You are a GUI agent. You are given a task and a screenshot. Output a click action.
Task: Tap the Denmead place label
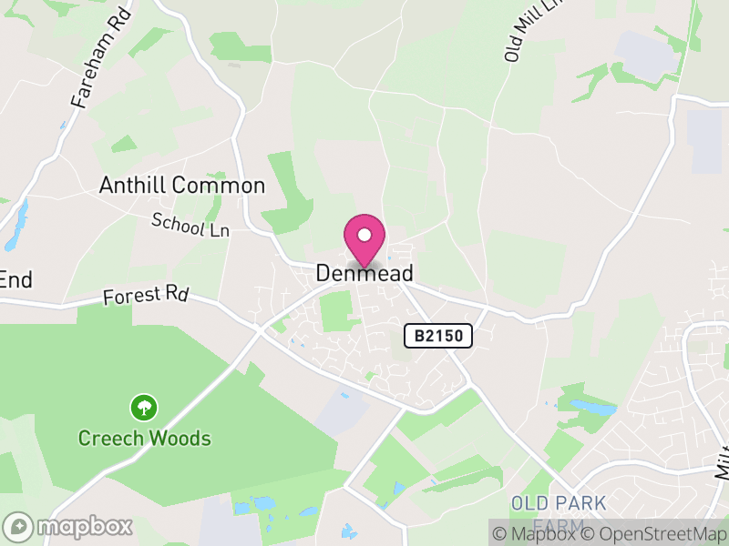[364, 273]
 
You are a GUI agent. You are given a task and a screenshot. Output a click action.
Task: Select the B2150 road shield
[438, 336]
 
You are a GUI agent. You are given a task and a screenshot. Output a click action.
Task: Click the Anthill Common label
[182, 187]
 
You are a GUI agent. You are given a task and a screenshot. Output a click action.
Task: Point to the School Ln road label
[190, 224]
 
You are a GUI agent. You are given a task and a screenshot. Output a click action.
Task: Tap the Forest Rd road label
[145, 295]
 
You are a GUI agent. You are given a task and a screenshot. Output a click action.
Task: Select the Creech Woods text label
[144, 439]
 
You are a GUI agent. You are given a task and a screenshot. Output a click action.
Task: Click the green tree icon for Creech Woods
[143, 406]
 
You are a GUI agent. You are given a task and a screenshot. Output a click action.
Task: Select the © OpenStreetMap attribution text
[653, 534]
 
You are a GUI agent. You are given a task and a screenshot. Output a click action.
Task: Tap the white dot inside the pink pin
[364, 235]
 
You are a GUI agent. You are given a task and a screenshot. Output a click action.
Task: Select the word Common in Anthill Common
[219, 187]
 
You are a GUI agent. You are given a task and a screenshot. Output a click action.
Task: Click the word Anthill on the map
[133, 187]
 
